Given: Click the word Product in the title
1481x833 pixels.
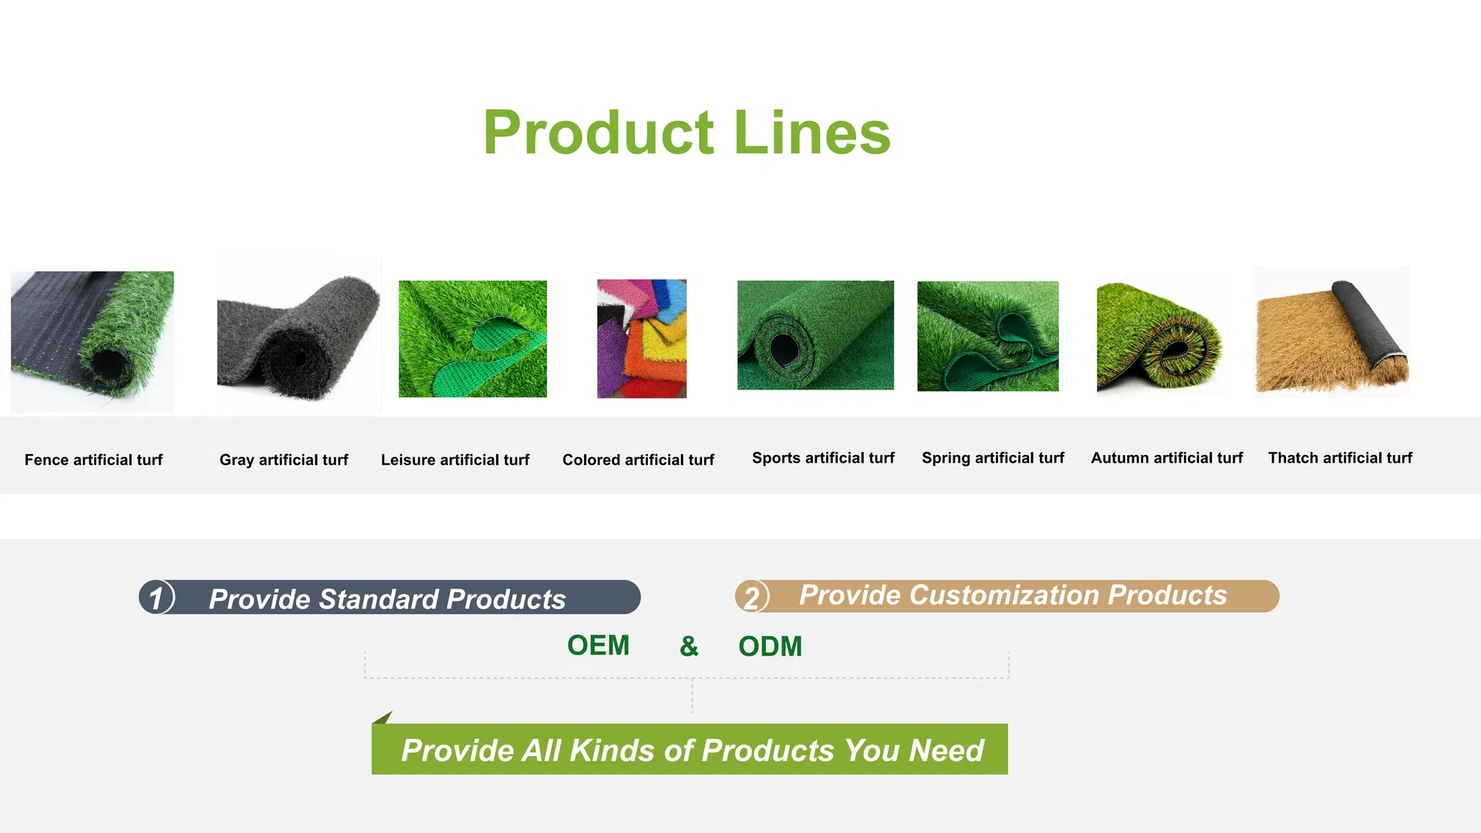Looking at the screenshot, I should (599, 133).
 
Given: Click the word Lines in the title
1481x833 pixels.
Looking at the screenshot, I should (812, 133).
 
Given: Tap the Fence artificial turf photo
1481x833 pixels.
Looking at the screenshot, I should (93, 341).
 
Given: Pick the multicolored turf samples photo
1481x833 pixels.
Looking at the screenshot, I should (642, 339).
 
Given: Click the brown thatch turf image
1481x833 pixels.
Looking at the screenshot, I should (1332, 332).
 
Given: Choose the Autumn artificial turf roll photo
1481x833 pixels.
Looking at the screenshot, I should (1159, 336).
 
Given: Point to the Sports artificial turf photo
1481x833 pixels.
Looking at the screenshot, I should (815, 335).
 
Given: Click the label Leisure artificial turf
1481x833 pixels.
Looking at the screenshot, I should (455, 460).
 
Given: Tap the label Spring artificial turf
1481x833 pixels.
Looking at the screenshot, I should (993, 458).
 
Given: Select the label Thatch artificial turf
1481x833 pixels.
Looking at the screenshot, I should (1340, 458).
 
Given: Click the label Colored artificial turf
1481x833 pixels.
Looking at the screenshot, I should (638, 460).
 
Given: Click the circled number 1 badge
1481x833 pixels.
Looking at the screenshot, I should (157, 598).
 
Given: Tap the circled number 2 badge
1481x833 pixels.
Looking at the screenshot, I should (752, 597).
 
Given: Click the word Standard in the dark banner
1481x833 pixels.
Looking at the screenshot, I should (378, 599).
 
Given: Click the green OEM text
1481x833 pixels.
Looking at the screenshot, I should (598, 646).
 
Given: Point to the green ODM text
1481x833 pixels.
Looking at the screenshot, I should (770, 646).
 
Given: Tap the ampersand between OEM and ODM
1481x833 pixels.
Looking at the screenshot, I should (689, 646).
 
